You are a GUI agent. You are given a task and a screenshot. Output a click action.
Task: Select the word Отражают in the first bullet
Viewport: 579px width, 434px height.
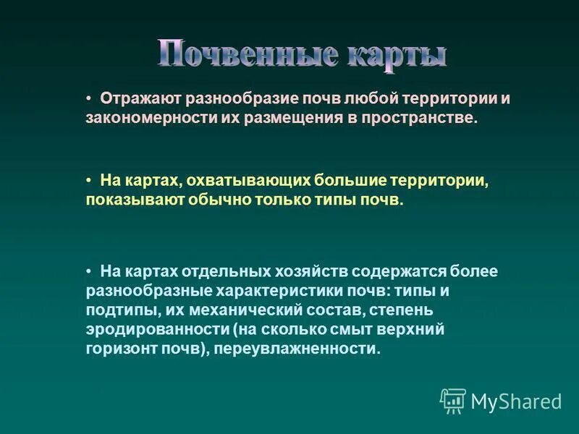point(140,98)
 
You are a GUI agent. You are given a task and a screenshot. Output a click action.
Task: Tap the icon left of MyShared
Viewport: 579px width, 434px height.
point(453,401)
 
